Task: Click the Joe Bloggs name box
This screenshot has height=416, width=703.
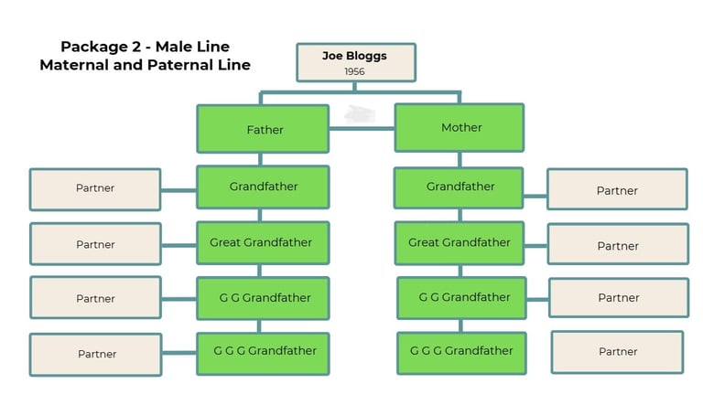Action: (x=356, y=62)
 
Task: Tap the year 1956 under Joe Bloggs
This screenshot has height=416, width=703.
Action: (x=354, y=71)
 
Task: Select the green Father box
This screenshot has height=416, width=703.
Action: (x=263, y=129)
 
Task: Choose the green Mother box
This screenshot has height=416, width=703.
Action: (x=460, y=128)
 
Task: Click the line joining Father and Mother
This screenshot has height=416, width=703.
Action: (x=362, y=129)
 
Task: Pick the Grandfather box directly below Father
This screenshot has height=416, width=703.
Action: (x=263, y=187)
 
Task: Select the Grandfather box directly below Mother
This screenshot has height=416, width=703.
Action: (x=459, y=187)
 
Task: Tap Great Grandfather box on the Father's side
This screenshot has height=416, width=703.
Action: (x=263, y=242)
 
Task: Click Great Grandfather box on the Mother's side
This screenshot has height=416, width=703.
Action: (x=460, y=243)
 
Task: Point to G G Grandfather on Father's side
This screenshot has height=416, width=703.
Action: (x=263, y=298)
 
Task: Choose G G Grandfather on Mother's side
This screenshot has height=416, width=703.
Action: (x=461, y=298)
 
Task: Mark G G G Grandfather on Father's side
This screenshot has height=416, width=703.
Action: (x=263, y=354)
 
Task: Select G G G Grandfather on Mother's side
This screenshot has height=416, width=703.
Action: (x=461, y=353)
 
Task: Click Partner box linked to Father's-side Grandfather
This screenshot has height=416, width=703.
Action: (x=95, y=189)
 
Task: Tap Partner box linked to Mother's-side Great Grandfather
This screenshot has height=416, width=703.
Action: (x=618, y=244)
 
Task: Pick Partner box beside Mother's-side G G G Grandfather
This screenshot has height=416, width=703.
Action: (x=617, y=352)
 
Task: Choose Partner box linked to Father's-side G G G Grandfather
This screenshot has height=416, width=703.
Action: (x=96, y=354)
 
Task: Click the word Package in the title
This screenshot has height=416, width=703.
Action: (x=94, y=47)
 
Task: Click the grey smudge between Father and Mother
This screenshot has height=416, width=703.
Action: (x=360, y=114)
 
